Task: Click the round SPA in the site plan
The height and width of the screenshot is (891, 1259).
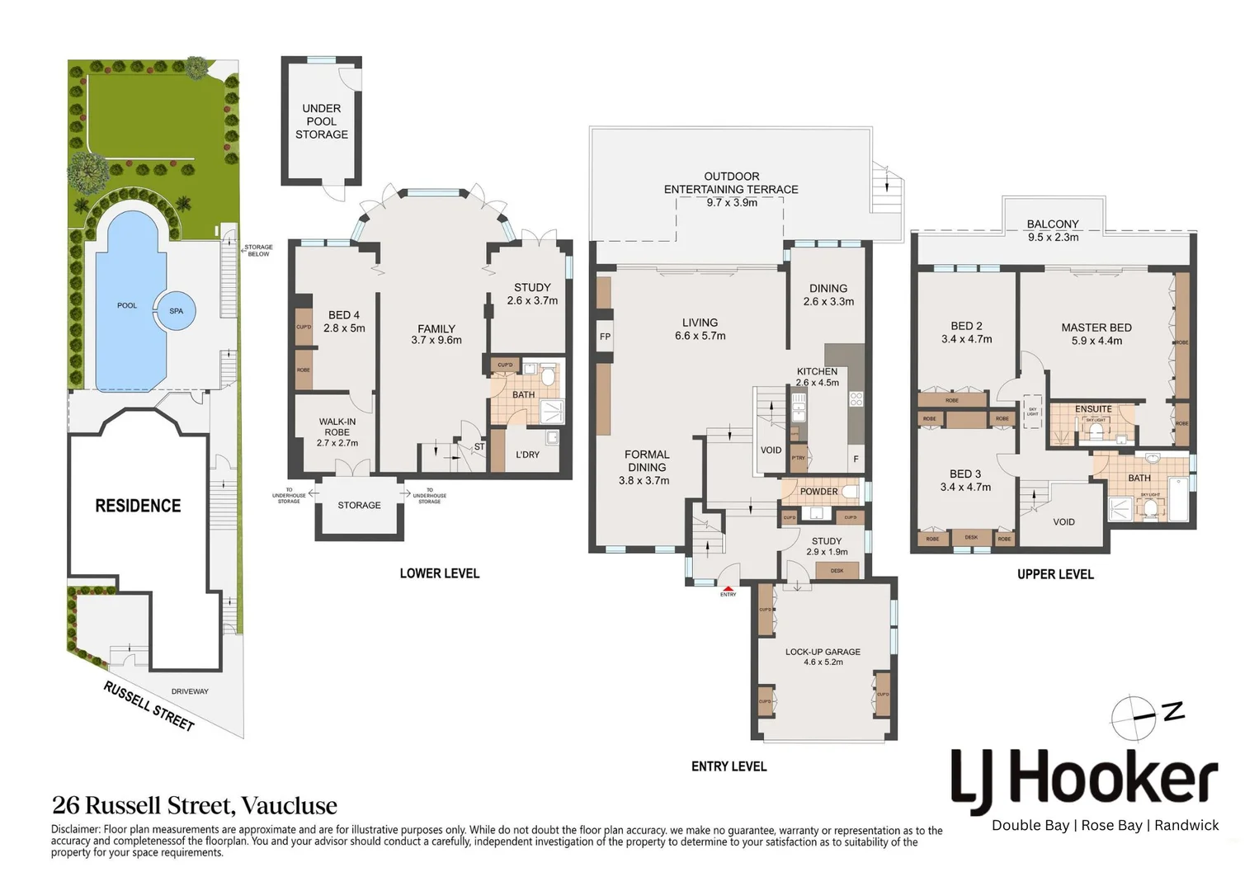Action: point(176,311)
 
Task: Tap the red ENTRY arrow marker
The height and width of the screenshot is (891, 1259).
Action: point(728,588)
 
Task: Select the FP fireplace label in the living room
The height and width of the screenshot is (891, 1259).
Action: point(605,337)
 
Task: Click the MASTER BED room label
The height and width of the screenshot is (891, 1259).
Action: point(1096,334)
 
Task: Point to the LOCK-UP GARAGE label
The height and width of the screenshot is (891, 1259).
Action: point(822,657)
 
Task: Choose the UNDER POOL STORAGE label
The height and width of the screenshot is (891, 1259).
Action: point(322,121)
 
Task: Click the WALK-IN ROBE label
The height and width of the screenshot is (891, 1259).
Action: point(337,431)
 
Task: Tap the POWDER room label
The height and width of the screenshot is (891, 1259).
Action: point(818,492)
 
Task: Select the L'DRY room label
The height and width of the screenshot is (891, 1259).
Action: point(527,455)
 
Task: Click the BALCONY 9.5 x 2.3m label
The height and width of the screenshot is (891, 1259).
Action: point(1053,230)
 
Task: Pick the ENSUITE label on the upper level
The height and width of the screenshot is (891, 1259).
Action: point(1093,409)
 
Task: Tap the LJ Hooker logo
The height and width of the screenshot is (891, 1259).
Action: point(1084,780)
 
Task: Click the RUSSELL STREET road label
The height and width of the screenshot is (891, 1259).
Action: point(149,706)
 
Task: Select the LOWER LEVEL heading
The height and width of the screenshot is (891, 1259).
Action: point(439,573)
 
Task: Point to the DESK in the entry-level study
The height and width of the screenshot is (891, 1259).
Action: point(837,570)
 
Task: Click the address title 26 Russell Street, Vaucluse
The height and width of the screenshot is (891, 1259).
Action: point(195,805)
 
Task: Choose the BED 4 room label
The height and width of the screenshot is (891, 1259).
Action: point(344,322)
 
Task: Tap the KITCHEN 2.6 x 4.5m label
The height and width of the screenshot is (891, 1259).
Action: point(817,377)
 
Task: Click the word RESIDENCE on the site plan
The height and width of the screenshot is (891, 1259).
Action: point(138,506)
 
